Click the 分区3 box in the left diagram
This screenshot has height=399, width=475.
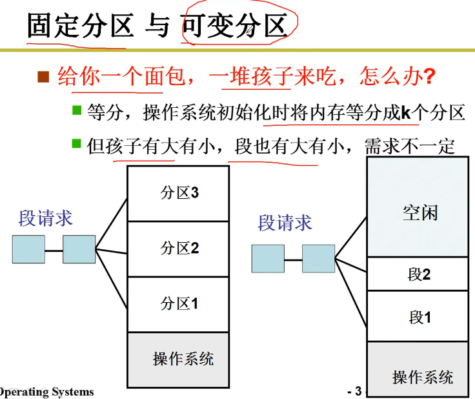178,193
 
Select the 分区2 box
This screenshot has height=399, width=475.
178,249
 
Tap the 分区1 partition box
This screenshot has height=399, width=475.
178,304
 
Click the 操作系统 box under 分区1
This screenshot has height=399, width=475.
178,359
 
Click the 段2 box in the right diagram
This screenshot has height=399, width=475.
418,274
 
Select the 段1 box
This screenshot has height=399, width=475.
418,316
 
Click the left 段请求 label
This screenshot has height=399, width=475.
45,218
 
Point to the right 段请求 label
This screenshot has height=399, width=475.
285,223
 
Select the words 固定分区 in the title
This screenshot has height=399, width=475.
80,26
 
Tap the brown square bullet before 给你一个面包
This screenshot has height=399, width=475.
44,78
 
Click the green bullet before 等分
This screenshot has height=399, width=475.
77,111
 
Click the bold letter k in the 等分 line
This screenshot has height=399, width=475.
405,113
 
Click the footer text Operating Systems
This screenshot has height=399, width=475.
46,392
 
